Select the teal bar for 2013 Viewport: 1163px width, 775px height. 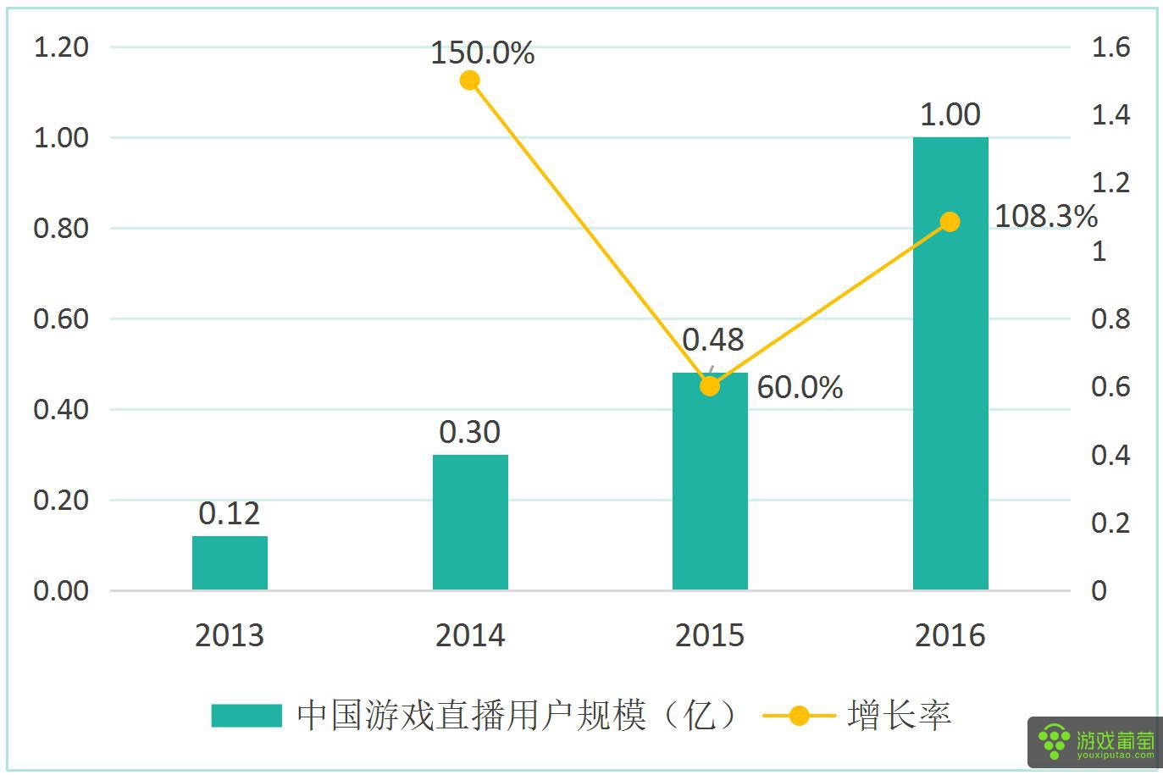tap(230, 562)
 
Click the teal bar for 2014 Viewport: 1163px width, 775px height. tap(470, 522)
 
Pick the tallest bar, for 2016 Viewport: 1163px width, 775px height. tap(950, 364)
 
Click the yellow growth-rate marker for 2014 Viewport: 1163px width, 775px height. tap(470, 80)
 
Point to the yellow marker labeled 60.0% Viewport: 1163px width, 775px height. tap(710, 386)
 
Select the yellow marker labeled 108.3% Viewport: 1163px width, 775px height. tap(950, 222)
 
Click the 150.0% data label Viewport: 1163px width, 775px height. tap(483, 53)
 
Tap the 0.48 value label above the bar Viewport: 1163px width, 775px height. tap(712, 340)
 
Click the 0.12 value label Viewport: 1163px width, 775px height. tap(229, 513)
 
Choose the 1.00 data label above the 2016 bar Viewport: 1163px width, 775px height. tap(950, 114)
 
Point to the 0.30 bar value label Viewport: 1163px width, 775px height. tap(469, 432)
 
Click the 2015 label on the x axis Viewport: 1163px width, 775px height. tap(710, 635)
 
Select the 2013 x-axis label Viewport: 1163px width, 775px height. tap(230, 635)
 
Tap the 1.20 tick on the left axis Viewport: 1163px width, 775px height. tap(61, 47)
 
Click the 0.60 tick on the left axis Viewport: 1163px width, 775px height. tap(61, 319)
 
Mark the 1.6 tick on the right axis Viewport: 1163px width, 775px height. tap(1110, 47)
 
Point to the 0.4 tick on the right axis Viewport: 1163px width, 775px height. tap(1110, 456)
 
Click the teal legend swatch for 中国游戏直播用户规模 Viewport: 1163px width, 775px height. tap(246, 716)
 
